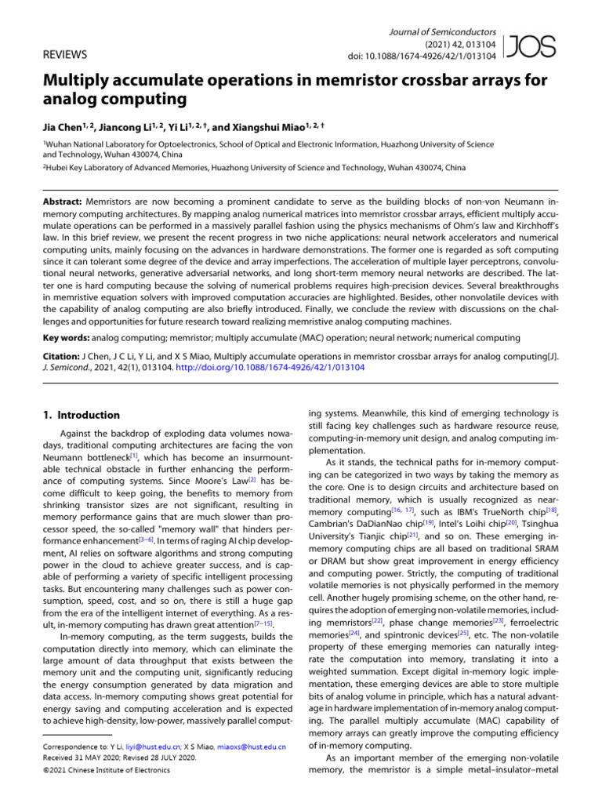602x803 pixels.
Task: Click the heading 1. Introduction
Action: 82,415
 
